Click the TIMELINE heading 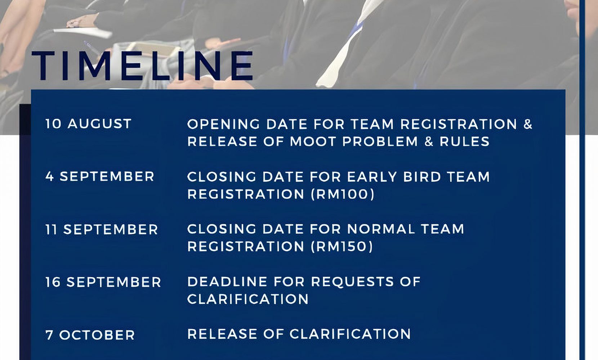142,66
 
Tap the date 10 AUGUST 88,124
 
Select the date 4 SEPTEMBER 100,176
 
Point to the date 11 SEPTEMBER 102,230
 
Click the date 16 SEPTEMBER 103,282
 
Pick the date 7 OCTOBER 90,335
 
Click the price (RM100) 343,194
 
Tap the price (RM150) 342,246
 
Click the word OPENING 223,124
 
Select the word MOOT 313,141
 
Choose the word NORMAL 381,229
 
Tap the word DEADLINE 227,282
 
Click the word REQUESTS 352,282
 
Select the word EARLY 372,177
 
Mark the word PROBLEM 380,141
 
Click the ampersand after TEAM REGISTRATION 528,124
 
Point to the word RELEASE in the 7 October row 222,334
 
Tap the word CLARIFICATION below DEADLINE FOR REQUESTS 248,299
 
